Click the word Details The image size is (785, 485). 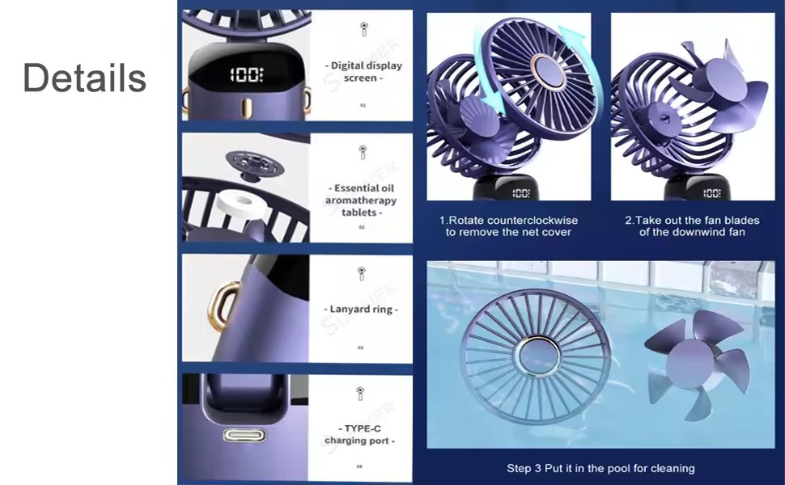(84, 78)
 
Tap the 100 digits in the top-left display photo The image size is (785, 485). (246, 75)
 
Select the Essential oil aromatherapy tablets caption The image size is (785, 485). (361, 200)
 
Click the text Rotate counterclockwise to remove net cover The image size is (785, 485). (508, 226)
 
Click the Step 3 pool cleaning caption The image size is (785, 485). (600, 468)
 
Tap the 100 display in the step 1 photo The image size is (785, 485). (520, 193)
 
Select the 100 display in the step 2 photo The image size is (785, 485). (711, 193)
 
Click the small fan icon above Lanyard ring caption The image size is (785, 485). (362, 274)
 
